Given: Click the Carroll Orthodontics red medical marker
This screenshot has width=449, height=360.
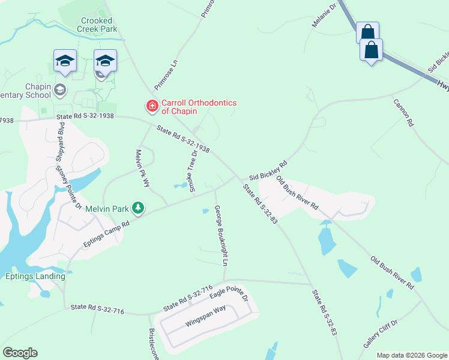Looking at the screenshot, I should click(x=152, y=106).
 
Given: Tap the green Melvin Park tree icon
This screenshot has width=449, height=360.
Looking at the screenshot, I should click(x=139, y=208).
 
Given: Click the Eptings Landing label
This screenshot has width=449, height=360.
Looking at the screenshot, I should click(x=35, y=276).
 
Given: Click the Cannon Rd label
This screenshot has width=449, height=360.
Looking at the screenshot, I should click(x=403, y=112).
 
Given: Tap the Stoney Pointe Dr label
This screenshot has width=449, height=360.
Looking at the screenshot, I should click(x=68, y=187).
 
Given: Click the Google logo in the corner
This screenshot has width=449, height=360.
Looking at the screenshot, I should click(x=20, y=353).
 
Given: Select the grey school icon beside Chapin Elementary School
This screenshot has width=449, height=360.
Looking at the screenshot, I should click(x=59, y=90).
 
